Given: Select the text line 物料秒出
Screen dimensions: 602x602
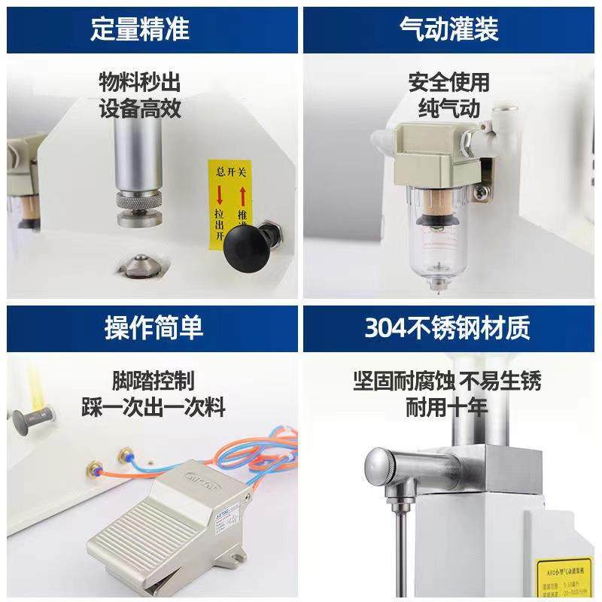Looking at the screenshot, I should coord(140,81).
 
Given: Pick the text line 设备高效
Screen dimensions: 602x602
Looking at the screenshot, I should coord(140,108).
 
